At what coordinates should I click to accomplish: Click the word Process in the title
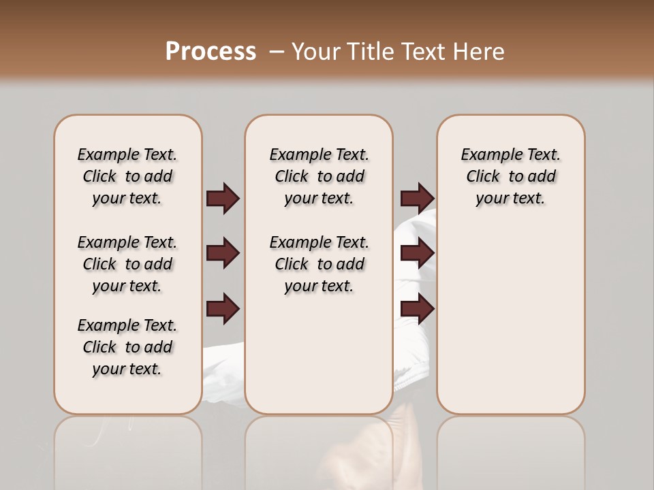tap(211, 51)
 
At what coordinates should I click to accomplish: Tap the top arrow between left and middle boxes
tap(223, 198)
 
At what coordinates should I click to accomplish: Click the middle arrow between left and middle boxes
tap(223, 253)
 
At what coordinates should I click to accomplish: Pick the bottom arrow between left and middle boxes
tap(223, 309)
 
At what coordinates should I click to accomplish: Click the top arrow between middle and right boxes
tap(417, 198)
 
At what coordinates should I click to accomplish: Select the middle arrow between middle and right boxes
tap(417, 253)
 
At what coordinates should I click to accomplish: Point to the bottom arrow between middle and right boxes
tap(417, 309)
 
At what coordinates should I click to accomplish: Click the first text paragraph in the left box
tap(127, 176)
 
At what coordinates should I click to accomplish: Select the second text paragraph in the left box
tap(127, 264)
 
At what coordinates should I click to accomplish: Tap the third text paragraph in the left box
tap(127, 347)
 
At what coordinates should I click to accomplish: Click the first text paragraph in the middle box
tap(319, 176)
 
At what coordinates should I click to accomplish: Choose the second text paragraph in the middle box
tap(319, 264)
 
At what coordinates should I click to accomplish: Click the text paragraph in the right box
tap(510, 176)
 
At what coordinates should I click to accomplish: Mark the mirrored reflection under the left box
tap(128, 449)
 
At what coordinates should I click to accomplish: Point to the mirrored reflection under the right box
tap(510, 449)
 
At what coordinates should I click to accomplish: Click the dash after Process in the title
tap(277, 51)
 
